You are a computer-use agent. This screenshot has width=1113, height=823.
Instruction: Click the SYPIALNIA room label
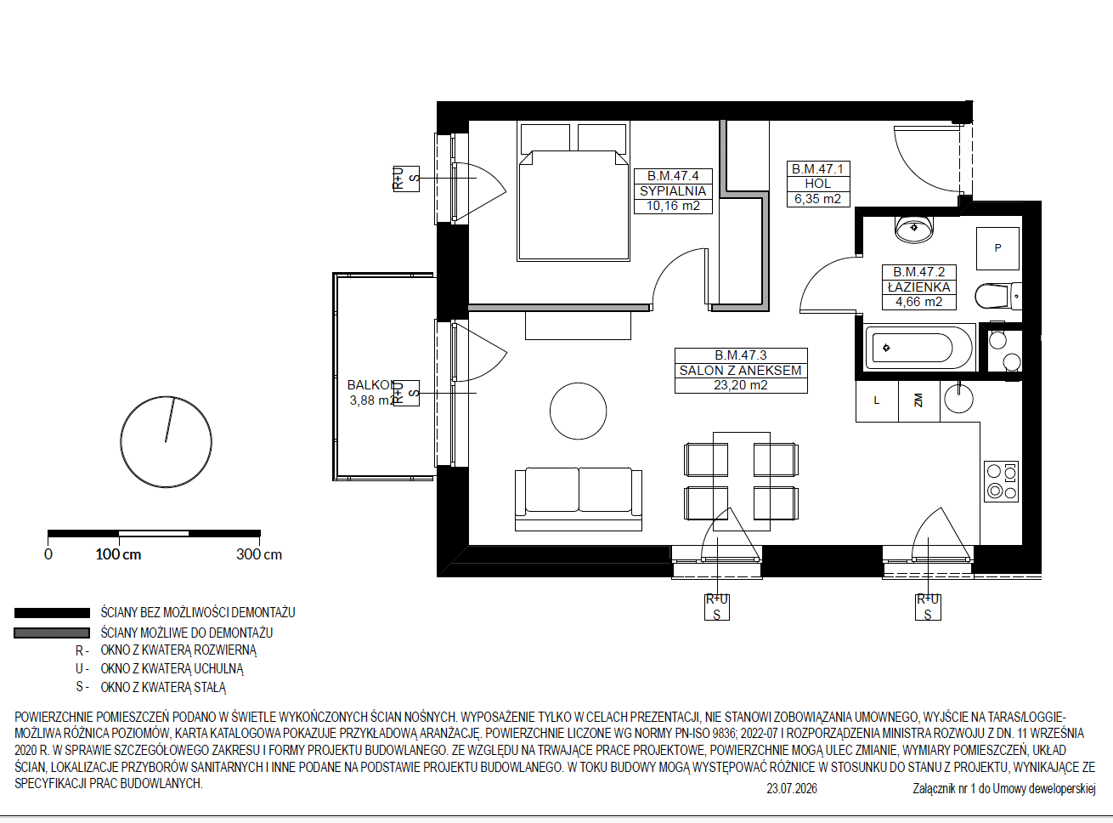click(x=672, y=190)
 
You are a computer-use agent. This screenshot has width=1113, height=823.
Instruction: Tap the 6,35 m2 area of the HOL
click(x=817, y=199)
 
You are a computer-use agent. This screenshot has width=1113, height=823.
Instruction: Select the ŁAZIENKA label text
click(x=918, y=287)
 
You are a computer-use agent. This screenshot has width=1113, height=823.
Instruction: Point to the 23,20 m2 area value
click(x=741, y=385)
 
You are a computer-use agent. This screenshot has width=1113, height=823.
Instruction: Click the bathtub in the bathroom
click(x=918, y=348)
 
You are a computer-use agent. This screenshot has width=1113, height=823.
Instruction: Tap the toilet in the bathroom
click(x=997, y=296)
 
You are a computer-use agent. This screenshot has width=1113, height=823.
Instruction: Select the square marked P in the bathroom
click(x=997, y=248)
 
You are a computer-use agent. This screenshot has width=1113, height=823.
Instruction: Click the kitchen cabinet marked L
click(x=877, y=400)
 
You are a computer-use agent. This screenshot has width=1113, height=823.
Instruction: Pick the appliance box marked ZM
click(x=918, y=400)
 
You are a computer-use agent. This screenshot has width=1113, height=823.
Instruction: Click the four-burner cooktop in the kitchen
click(x=1001, y=481)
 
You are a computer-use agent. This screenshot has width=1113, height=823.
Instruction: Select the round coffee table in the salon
click(x=578, y=411)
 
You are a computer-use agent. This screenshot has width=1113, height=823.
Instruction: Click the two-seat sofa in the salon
click(x=578, y=498)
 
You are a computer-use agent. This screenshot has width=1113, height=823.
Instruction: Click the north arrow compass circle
click(x=166, y=441)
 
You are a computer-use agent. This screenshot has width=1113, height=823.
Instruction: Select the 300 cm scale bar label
click(x=259, y=554)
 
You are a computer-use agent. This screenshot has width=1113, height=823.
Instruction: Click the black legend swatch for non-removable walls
click(x=52, y=613)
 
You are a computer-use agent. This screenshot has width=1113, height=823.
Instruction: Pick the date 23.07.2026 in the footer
click(x=791, y=789)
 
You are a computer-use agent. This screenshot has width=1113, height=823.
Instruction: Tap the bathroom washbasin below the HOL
click(x=914, y=230)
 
